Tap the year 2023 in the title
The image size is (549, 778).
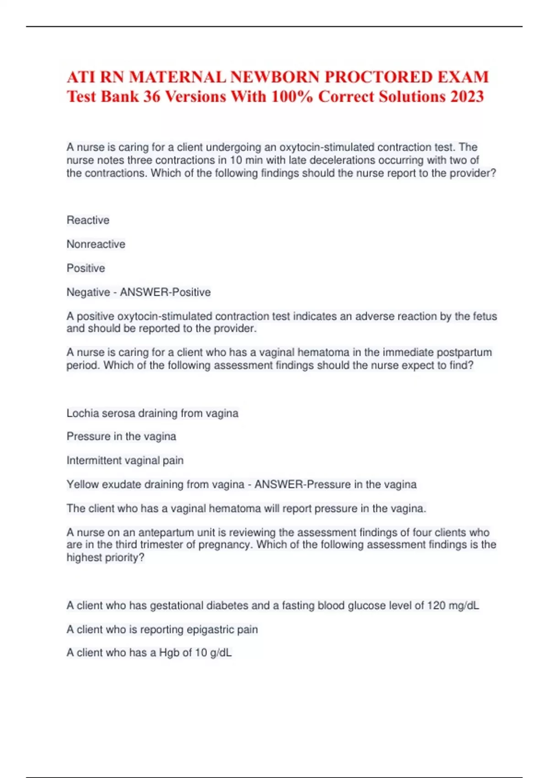tap(467, 97)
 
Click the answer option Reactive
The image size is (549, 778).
tap(88, 220)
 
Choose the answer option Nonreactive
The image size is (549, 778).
tap(96, 244)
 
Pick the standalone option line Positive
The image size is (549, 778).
tap(86, 268)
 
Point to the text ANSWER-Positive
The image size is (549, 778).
tap(165, 292)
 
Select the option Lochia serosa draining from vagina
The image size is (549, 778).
tap(152, 413)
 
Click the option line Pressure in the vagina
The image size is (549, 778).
tap(121, 436)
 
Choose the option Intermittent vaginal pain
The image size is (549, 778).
tap(125, 460)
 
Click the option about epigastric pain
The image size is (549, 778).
tap(162, 629)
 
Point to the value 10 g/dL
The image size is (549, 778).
tap(213, 653)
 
